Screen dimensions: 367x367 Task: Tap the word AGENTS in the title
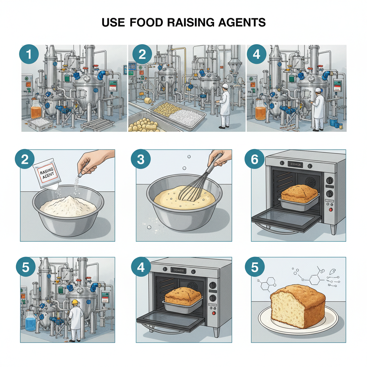241,22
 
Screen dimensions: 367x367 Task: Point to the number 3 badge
140,159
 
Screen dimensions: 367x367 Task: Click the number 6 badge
254,159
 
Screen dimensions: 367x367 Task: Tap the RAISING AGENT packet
46,175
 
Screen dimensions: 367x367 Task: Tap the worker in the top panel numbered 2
224,104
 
